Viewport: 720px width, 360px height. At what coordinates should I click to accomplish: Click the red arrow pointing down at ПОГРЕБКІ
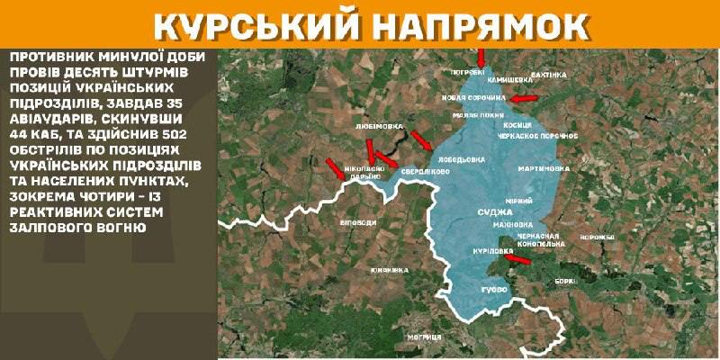click(481, 56)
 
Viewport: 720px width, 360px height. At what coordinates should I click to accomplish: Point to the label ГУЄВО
click(494, 290)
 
